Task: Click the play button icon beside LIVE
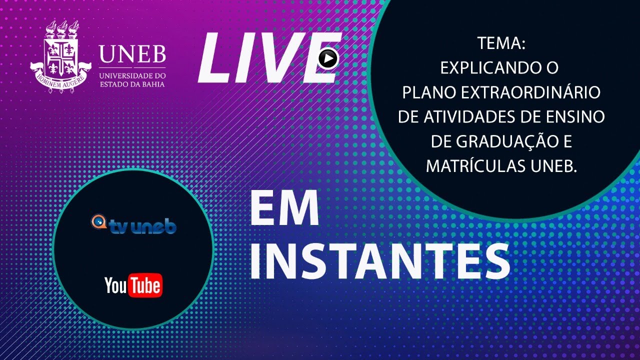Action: point(328,59)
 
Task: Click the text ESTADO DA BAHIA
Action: point(132,84)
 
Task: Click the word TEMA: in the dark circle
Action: point(501,44)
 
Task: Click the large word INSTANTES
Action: point(380,261)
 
